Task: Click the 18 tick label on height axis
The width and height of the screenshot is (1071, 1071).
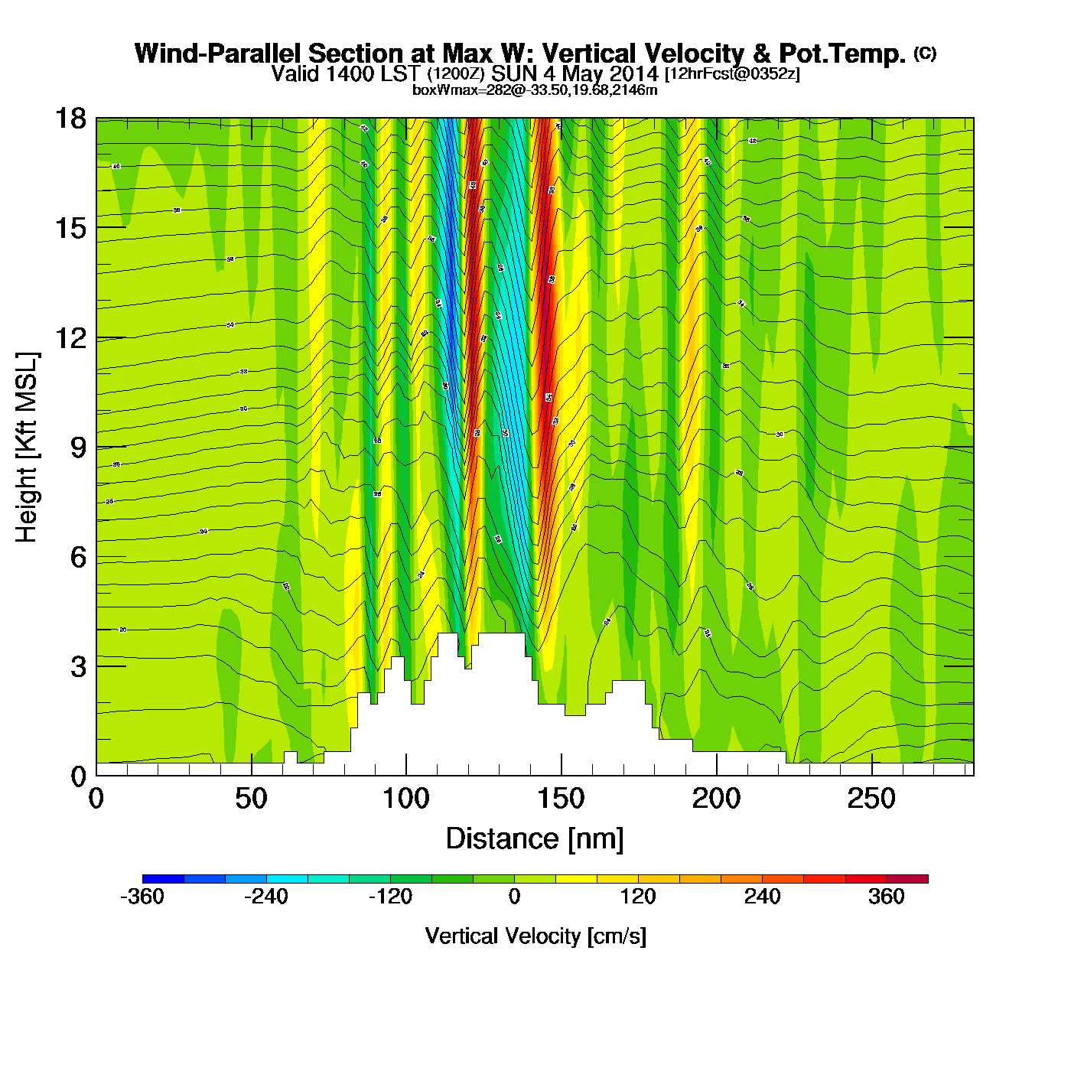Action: [70, 119]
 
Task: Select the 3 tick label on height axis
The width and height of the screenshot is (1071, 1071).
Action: [78, 667]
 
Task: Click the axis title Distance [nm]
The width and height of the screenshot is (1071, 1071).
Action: [535, 839]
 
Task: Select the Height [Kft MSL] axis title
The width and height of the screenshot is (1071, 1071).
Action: [27, 448]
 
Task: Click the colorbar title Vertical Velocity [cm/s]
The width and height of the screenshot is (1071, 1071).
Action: [535, 936]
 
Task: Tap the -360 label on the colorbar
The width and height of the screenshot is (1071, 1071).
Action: [142, 897]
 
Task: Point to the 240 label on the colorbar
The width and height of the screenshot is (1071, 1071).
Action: [762, 897]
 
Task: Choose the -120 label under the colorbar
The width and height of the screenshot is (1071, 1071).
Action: [390, 897]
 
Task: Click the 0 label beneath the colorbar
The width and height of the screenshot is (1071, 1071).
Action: [514, 897]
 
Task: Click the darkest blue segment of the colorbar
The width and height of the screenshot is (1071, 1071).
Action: [163, 879]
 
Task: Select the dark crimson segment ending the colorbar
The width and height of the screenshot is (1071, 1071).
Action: [907, 879]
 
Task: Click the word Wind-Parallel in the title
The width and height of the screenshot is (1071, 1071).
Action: [220, 54]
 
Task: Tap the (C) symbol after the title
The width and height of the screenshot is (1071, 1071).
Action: [925, 53]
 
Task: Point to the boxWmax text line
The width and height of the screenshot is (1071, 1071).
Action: [535, 90]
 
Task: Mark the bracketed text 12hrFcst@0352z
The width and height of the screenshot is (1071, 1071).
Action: [732, 74]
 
